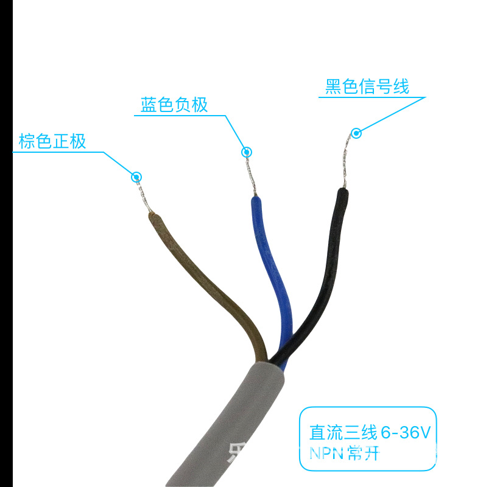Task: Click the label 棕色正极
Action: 52,142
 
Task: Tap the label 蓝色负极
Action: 174,105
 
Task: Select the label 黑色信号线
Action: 367,86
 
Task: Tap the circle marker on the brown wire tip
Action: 137,177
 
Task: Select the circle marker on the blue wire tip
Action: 246,152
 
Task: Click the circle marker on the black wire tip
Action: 356,132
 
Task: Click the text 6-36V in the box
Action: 405,433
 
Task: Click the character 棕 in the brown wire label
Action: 26,142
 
